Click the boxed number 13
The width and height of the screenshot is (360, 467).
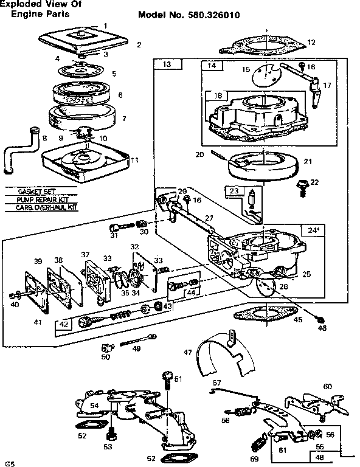(x=165, y=64)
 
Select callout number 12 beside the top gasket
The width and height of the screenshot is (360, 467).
(x=311, y=43)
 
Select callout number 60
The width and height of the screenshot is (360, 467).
(x=327, y=386)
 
